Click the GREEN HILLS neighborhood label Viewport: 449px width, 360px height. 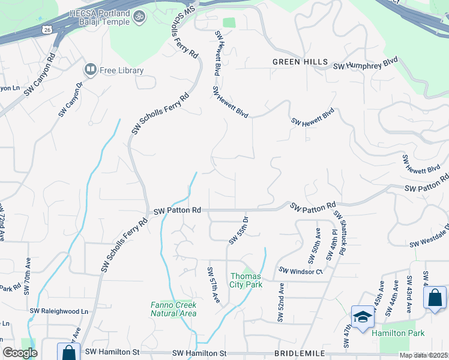coord(300,62)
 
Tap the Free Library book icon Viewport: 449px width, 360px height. coord(91,70)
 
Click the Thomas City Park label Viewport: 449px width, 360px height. coord(247,280)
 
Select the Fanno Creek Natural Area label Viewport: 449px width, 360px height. coord(173,309)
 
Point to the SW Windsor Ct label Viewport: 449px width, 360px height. coord(301,271)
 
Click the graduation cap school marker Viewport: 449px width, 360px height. coord(363,317)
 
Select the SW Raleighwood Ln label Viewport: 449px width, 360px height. coord(59,311)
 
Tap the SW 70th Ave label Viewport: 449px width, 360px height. coord(27,277)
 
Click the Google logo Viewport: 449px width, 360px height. coord(20,353)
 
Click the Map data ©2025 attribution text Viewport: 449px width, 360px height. coord(423,355)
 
